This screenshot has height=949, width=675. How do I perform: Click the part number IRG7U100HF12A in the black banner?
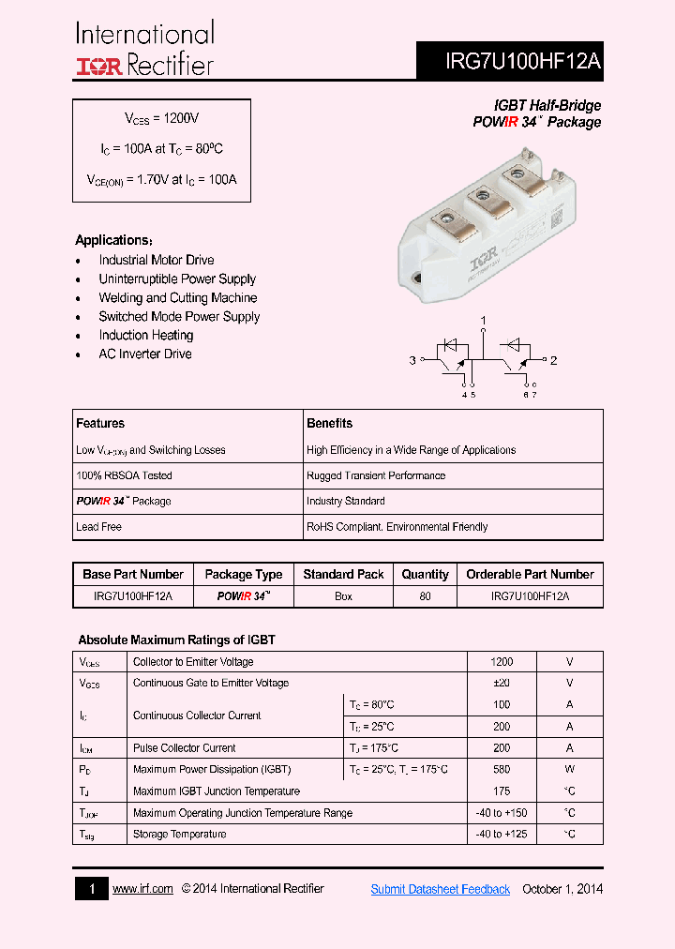(x=524, y=63)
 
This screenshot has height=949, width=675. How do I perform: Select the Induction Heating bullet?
(x=146, y=335)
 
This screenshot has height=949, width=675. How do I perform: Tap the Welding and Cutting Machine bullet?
(x=177, y=297)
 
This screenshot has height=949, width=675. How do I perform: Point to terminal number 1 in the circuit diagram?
(x=484, y=322)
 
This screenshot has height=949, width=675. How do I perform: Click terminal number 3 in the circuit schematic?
(x=412, y=360)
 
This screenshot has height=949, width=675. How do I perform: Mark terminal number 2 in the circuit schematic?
(x=553, y=360)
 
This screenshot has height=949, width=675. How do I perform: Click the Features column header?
(x=100, y=423)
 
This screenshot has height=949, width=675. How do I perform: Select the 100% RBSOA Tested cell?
(x=124, y=475)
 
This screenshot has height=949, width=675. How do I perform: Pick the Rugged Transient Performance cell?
(x=376, y=475)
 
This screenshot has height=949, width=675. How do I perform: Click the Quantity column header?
(x=425, y=574)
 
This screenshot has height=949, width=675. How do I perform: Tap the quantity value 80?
(x=425, y=596)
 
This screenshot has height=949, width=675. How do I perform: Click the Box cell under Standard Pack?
(x=343, y=596)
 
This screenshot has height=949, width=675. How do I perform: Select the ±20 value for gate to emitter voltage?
(x=502, y=683)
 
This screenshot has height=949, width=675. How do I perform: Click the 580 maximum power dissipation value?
(x=502, y=769)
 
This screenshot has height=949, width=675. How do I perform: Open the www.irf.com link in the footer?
(x=142, y=889)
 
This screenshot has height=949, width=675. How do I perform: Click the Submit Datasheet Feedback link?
(x=440, y=889)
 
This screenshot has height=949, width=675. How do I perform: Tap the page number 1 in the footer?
(x=91, y=889)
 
